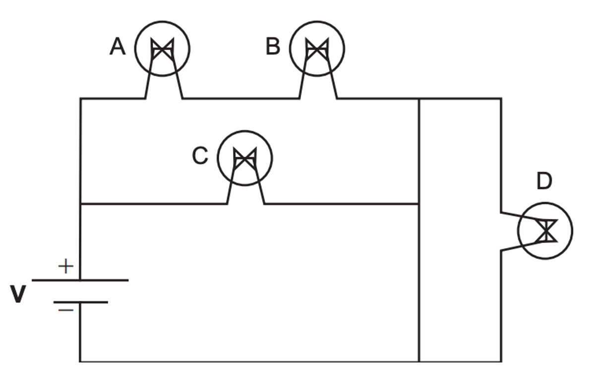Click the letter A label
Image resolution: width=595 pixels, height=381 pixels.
point(118,47)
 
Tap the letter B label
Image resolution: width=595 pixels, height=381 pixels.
point(273,47)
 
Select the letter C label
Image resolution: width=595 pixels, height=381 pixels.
point(200,156)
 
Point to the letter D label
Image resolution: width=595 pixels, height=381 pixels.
point(544,181)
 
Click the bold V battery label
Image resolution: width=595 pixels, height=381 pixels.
point(18,294)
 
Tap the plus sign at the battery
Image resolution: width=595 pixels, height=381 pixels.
point(65,266)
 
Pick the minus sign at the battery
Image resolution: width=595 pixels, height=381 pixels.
point(65,310)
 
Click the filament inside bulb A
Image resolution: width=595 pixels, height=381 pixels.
point(162,49)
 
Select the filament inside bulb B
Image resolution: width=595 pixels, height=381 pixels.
point(317,49)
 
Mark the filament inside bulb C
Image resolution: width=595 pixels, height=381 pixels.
point(245,158)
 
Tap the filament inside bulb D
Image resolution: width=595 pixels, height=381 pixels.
point(546,231)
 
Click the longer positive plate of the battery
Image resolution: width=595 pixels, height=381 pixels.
point(80,280)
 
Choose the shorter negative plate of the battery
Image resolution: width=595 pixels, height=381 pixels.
point(81,302)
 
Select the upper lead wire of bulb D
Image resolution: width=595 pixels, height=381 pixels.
point(523,216)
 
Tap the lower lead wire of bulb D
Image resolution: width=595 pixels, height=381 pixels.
point(523,246)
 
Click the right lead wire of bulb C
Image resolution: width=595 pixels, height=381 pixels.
point(260,184)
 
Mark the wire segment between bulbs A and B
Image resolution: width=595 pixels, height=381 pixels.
point(241,99)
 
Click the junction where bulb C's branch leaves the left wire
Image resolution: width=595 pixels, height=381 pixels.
point(80,204)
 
